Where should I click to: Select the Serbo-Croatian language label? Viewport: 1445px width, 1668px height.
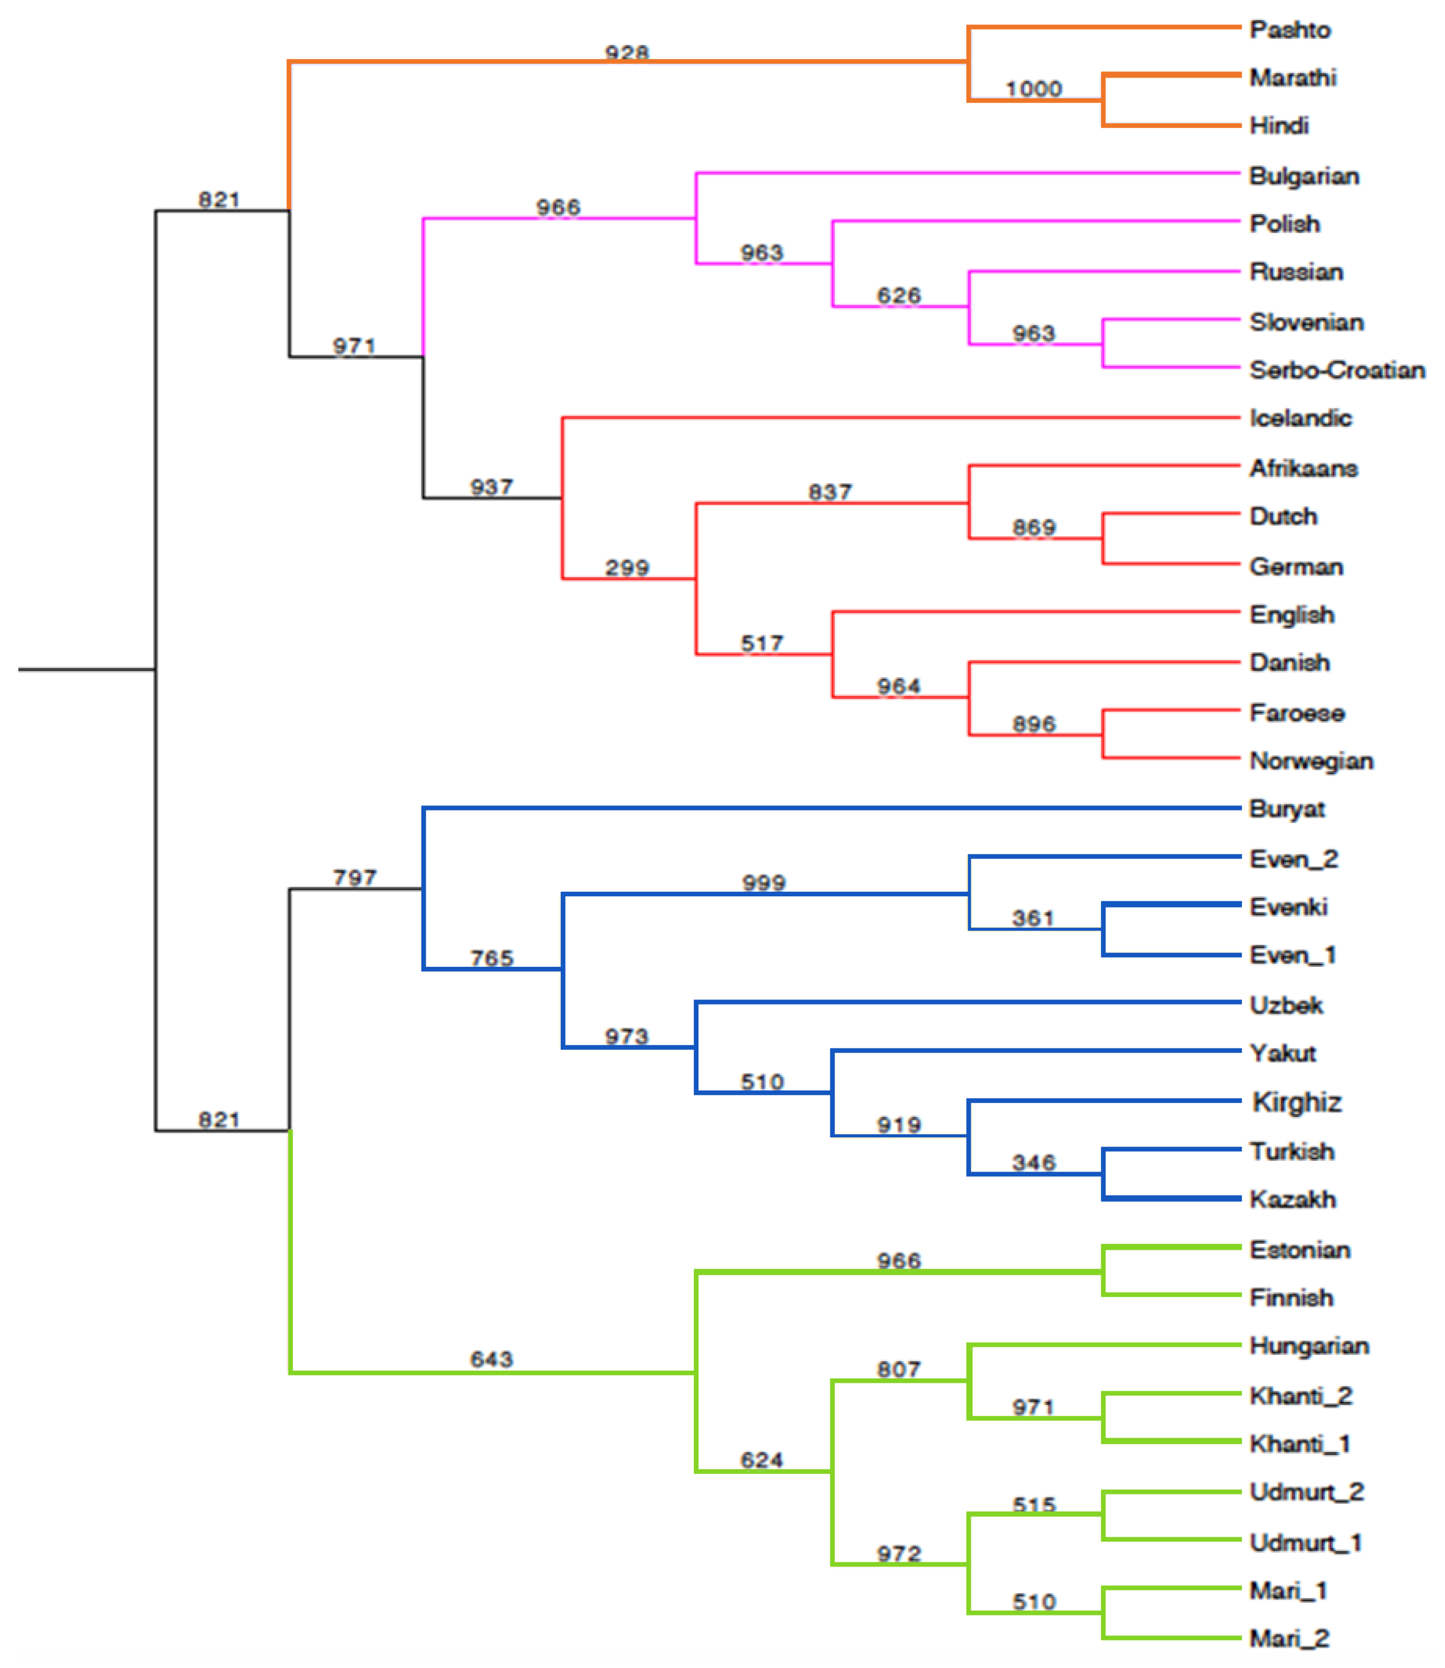click(x=1337, y=370)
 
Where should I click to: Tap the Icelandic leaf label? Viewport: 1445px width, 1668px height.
click(x=1300, y=418)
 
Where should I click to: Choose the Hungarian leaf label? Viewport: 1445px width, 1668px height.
click(x=1309, y=1345)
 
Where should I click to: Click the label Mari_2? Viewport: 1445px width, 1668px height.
click(x=1289, y=1638)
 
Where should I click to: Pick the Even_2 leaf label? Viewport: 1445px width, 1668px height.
click(x=1293, y=859)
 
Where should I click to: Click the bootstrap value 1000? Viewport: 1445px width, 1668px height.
click(x=1033, y=89)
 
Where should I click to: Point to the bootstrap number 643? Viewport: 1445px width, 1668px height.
click(x=492, y=1359)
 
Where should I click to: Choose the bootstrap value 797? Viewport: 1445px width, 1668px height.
click(x=355, y=877)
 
